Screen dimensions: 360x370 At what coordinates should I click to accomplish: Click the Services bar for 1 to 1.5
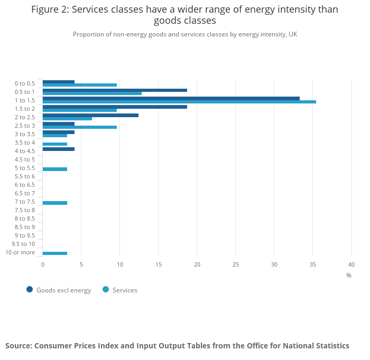(x=179, y=102)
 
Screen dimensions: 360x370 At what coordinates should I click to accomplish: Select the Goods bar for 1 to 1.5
(x=171, y=98)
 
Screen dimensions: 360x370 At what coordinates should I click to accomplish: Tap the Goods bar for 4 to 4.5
(x=59, y=149)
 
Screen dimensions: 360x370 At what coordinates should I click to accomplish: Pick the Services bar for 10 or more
(x=55, y=253)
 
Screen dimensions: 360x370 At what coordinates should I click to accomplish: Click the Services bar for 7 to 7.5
(x=55, y=203)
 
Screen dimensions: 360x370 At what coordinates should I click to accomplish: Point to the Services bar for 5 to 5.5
(x=55, y=169)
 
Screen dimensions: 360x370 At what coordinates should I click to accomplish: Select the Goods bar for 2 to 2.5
(x=90, y=115)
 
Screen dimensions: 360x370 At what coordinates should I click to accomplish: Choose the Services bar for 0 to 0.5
(x=80, y=85)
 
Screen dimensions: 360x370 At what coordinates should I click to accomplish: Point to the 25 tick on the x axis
(x=236, y=264)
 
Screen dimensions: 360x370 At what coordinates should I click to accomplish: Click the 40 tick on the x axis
(x=351, y=264)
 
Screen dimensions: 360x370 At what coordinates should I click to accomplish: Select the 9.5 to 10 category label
(x=23, y=244)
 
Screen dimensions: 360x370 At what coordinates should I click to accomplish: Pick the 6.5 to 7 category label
(x=24, y=193)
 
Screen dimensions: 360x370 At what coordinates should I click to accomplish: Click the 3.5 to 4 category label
(x=24, y=143)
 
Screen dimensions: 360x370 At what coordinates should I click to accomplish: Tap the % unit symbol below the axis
(x=349, y=275)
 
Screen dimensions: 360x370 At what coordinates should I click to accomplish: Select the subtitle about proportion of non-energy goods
(x=185, y=34)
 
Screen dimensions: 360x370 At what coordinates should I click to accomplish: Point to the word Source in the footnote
(x=18, y=346)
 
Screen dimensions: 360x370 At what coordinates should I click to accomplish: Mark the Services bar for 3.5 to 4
(x=55, y=144)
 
